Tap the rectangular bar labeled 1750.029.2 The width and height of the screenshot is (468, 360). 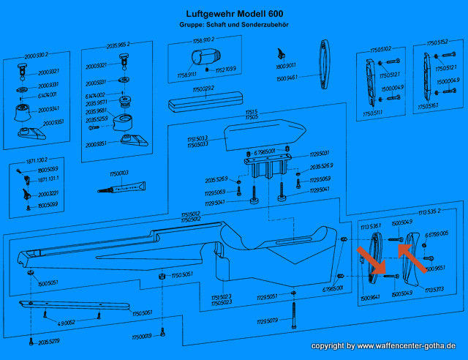point(203,100)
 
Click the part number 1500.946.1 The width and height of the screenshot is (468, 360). point(287,75)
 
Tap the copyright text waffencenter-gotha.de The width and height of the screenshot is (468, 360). point(384,345)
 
